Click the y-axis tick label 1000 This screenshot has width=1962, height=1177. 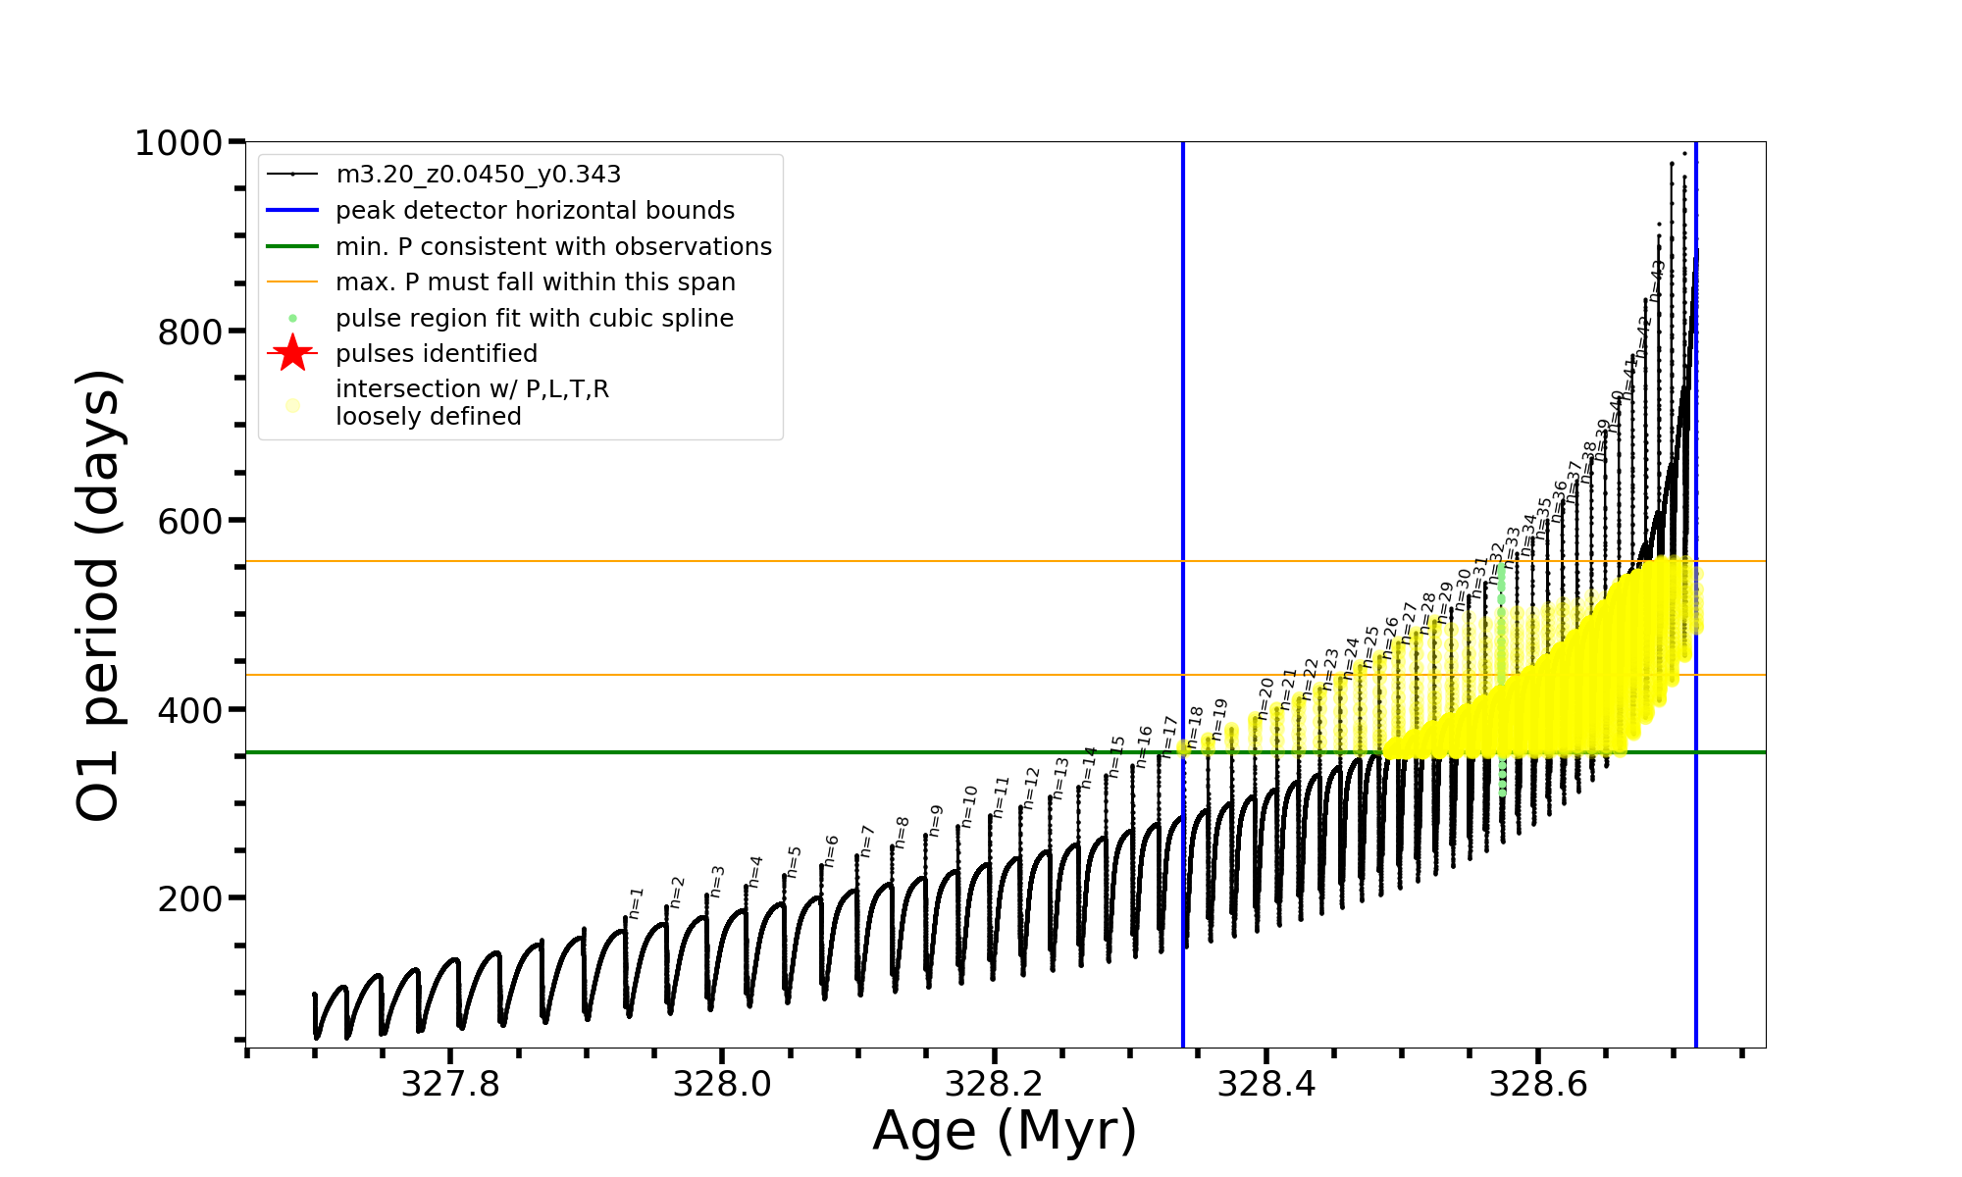179,144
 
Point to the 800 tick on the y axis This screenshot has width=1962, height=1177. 190,333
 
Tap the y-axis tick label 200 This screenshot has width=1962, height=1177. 190,899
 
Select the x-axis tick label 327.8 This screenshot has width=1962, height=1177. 450,1084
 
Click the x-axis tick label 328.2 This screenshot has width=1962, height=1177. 994,1084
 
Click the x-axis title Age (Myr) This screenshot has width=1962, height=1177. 1005,1130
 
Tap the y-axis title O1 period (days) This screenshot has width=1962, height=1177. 98,595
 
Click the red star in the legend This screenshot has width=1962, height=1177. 292,353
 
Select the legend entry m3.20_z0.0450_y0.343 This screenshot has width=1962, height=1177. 478,175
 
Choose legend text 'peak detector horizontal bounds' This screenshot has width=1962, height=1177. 535,211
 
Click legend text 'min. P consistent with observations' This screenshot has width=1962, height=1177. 553,247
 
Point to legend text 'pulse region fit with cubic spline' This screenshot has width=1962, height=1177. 535,319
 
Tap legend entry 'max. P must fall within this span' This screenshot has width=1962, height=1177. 535,282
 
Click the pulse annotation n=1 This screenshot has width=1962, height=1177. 636,902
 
